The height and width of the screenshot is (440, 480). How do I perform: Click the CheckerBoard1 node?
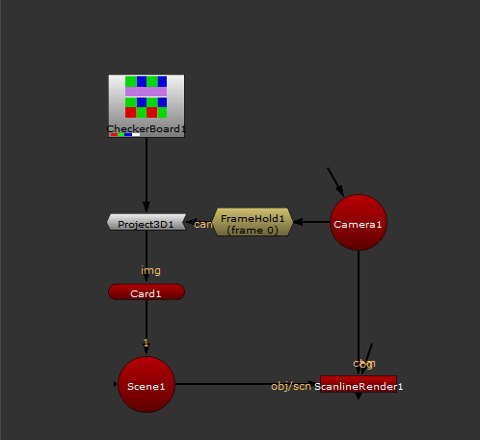[x=146, y=106]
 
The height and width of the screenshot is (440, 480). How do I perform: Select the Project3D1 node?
[x=145, y=223]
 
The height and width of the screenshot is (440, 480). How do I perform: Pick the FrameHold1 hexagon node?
[x=253, y=223]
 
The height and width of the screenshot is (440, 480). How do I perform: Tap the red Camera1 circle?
[x=358, y=223]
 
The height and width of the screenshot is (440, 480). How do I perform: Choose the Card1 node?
[x=146, y=292]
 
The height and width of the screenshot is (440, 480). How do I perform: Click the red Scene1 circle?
[x=146, y=384]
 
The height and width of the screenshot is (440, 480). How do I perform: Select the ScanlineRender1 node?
[x=359, y=384]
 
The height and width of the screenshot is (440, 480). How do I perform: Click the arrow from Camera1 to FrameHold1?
[x=310, y=223]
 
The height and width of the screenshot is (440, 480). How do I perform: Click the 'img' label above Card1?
[x=150, y=271]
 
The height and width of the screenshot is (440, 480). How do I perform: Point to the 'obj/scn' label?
[x=291, y=386]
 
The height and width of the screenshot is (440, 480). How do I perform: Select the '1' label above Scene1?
[x=146, y=343]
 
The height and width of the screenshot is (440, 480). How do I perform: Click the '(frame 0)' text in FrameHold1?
[x=253, y=230]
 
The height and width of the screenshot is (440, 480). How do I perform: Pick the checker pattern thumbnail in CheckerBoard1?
[x=146, y=96]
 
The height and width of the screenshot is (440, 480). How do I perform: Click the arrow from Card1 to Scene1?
[x=146, y=323]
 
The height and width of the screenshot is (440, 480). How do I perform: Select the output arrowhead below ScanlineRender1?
[x=359, y=397]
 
